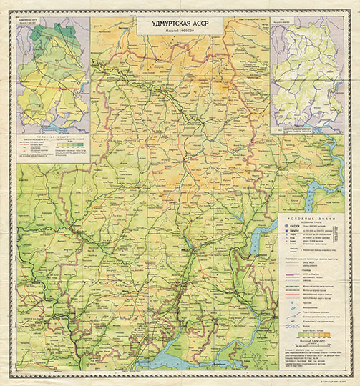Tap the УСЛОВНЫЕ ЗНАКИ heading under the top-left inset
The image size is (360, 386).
coord(51,133)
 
